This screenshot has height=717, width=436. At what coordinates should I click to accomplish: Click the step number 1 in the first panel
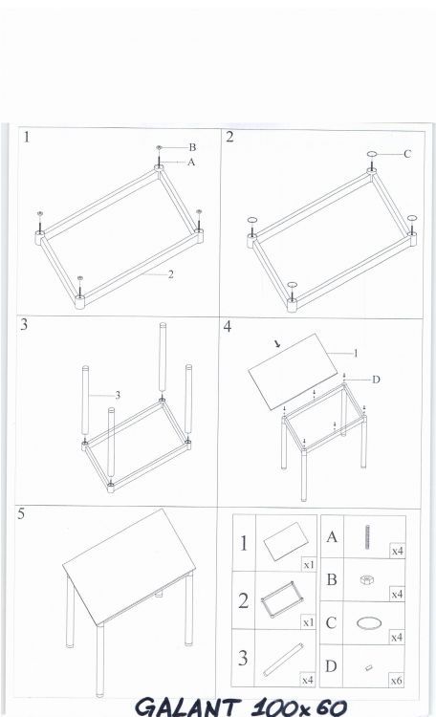click(27, 137)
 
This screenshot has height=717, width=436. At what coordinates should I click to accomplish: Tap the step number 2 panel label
click(229, 137)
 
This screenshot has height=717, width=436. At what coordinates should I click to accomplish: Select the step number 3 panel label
click(24, 325)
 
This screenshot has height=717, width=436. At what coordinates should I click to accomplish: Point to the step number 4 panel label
click(228, 327)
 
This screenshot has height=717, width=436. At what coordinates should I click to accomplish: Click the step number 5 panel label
click(21, 514)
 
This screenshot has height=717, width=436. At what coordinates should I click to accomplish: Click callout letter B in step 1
click(192, 147)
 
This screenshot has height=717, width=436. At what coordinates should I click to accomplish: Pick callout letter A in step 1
click(191, 162)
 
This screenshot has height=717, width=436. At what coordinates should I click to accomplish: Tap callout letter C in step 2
click(407, 154)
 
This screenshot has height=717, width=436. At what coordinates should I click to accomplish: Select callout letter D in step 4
click(376, 380)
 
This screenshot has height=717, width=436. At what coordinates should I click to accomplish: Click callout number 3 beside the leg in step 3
click(118, 395)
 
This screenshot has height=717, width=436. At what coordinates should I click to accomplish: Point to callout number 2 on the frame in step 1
click(170, 274)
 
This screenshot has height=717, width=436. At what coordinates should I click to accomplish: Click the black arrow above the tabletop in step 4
click(277, 344)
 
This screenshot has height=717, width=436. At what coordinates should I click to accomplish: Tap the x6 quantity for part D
click(396, 681)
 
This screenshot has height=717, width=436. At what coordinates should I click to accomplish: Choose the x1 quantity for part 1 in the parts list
click(309, 565)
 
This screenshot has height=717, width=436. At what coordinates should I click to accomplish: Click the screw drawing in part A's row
click(367, 536)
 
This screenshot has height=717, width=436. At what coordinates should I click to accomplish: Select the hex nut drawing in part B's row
click(366, 580)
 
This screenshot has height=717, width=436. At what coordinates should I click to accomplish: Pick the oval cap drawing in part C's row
click(369, 623)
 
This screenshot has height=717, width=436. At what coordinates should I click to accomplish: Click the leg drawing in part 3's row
click(284, 660)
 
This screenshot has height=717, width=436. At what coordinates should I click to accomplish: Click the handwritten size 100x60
click(299, 706)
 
